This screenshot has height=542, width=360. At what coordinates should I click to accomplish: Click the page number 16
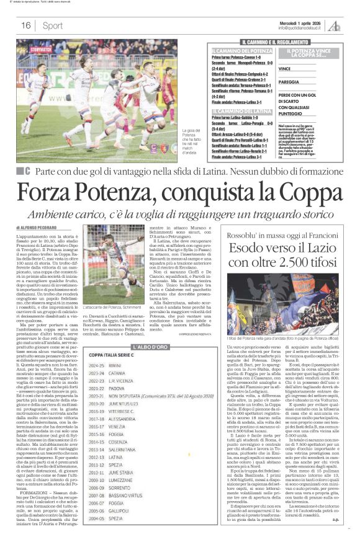point(26,25)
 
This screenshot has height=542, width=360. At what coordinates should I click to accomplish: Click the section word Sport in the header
point(53,25)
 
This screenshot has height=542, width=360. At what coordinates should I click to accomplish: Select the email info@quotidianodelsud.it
point(302,27)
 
